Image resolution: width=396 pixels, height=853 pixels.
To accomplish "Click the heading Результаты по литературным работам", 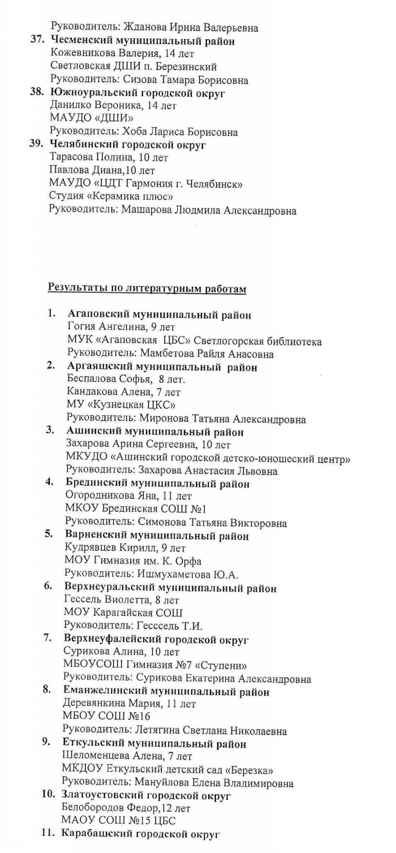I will [x=147, y=289].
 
